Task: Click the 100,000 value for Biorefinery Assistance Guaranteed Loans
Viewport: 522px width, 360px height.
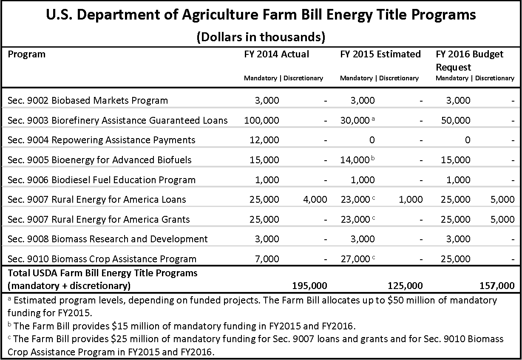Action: coord(261,120)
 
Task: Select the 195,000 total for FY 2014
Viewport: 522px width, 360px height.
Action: coord(309,286)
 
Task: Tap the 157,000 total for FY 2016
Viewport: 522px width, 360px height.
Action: coord(497,286)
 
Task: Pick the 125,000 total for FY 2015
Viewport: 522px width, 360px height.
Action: coord(405,286)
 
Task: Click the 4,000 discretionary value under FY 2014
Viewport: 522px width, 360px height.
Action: coord(315,199)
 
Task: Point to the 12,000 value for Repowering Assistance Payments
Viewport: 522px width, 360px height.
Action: coord(264,140)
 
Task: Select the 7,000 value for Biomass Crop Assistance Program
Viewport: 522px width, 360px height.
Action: coord(267,259)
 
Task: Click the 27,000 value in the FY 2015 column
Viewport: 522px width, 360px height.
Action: coord(355,259)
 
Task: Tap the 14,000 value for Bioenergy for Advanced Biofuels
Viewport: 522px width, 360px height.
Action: coord(355,160)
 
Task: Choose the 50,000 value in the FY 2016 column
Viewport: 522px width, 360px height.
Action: coord(456,120)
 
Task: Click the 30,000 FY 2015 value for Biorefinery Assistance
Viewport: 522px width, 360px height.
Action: coord(355,120)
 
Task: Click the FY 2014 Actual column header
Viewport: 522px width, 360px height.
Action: coord(277,54)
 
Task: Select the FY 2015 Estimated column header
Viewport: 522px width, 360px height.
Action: coord(380,54)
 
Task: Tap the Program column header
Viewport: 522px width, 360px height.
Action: coord(26,54)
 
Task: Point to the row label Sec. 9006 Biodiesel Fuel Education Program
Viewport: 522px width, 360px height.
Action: coord(102,180)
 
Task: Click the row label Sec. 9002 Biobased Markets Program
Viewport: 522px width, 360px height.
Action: coord(88,100)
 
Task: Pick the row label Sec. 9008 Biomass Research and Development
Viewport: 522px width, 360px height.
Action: coord(108,239)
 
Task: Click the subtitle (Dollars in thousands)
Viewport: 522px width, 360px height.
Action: coord(261,37)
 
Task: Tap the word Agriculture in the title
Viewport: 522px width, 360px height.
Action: coord(220,15)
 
